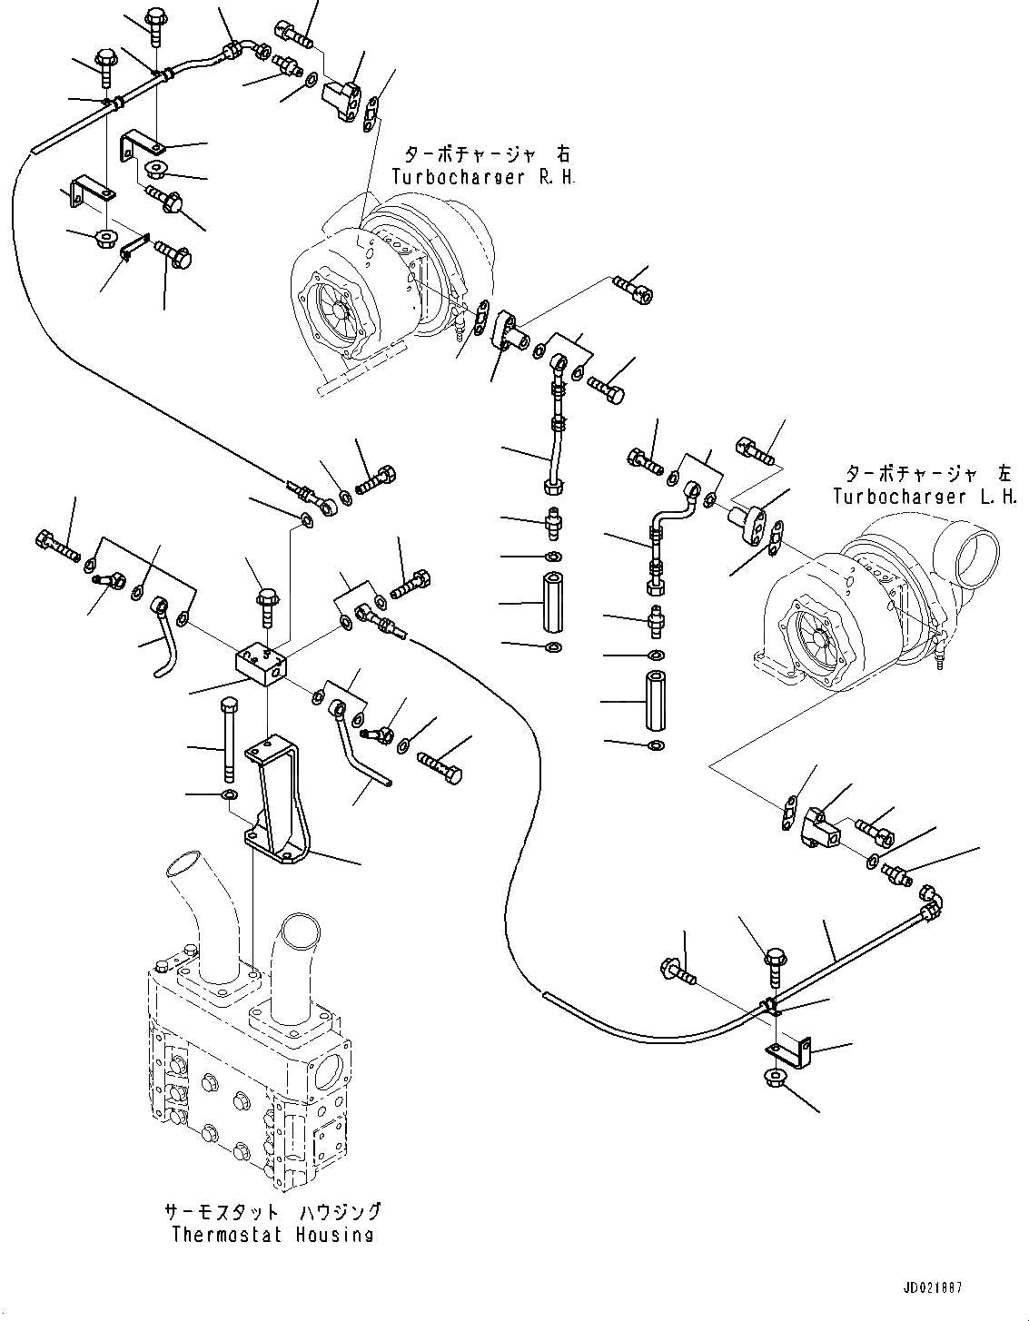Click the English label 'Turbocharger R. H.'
click(x=483, y=178)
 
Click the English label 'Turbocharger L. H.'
click(x=925, y=497)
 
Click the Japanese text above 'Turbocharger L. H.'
click(x=929, y=473)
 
